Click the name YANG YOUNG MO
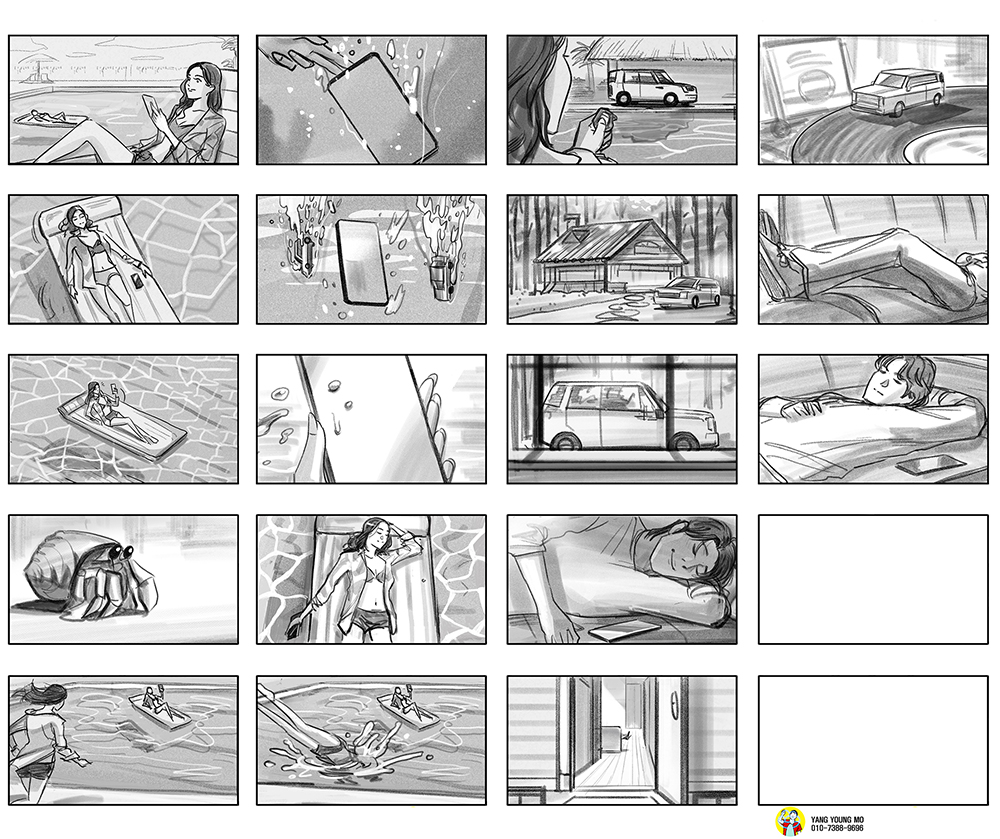point(837,819)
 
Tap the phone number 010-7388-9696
point(837,828)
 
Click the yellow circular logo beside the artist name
point(790,822)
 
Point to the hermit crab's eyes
point(121,551)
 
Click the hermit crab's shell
point(52,569)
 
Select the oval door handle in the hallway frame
point(674,706)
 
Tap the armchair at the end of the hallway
point(613,738)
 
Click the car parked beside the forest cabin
point(687,293)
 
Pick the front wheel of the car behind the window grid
point(685,441)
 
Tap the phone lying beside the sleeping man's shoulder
point(929,465)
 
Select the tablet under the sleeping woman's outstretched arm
point(625,631)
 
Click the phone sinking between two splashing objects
point(362,262)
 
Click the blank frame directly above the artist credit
point(873,740)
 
